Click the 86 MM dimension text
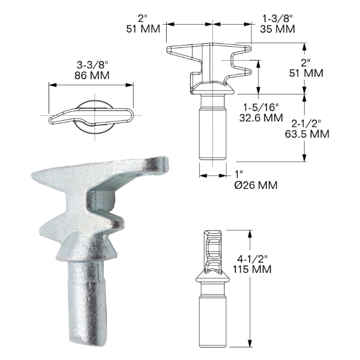[x=92, y=76]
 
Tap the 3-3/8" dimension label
[x=92, y=65]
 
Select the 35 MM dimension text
[x=277, y=29]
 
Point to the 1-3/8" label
[x=278, y=19]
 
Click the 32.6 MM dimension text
[x=261, y=118]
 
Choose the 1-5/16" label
[x=261, y=107]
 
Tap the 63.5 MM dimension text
[x=307, y=134]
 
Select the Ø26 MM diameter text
[x=256, y=185]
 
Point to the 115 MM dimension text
[x=252, y=269]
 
